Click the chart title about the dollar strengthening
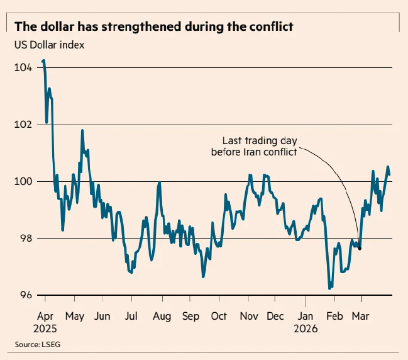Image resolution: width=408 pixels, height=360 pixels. click(x=154, y=27)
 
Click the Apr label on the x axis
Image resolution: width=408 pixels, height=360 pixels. click(x=45, y=316)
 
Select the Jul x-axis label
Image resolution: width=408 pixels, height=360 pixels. click(x=131, y=316)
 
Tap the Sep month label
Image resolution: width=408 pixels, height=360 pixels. click(x=190, y=316)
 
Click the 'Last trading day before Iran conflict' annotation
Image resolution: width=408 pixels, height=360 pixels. click(x=260, y=146)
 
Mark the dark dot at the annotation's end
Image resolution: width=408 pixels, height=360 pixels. click(x=360, y=249)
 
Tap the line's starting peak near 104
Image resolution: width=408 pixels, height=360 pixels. click(x=43, y=61)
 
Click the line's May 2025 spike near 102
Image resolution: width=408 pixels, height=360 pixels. click(x=82, y=131)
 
